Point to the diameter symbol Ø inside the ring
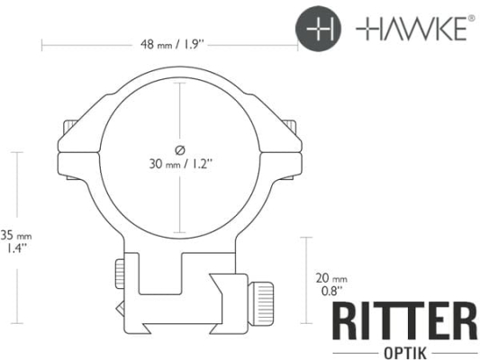(x=180, y=148)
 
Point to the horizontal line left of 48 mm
(x=86, y=43)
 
